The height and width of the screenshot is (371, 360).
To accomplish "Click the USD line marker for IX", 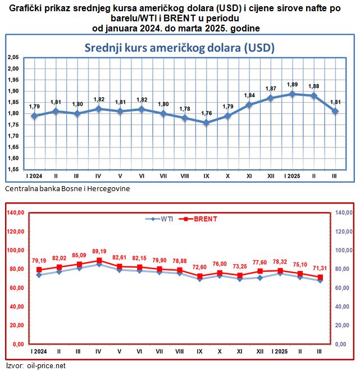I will pos(206,123).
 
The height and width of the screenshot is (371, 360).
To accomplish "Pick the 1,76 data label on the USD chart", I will pos(206,113).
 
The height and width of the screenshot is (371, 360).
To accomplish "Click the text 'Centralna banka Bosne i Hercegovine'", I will pos(67,189).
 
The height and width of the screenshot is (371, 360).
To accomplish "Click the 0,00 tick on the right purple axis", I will pos(342,344).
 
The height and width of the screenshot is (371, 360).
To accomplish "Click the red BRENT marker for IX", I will pos(200,276).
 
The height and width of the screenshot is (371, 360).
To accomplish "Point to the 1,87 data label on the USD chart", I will pos(271,88).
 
